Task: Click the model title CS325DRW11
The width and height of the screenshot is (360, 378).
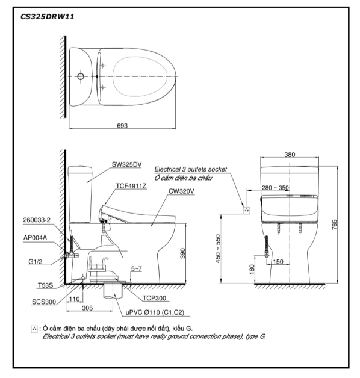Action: (48, 17)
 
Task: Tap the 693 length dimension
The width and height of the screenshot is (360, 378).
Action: (122, 126)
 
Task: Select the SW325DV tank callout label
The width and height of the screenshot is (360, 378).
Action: (126, 164)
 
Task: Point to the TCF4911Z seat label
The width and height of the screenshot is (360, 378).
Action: (131, 186)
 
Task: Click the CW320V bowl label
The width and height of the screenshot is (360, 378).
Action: (181, 191)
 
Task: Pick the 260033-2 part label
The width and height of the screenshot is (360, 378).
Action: (37, 220)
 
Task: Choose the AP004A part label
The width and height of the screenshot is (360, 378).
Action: (35, 238)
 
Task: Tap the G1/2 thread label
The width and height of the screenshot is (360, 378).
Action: (35, 262)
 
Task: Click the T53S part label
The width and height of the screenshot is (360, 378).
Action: (45, 285)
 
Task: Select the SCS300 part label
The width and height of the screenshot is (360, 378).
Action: (43, 302)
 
